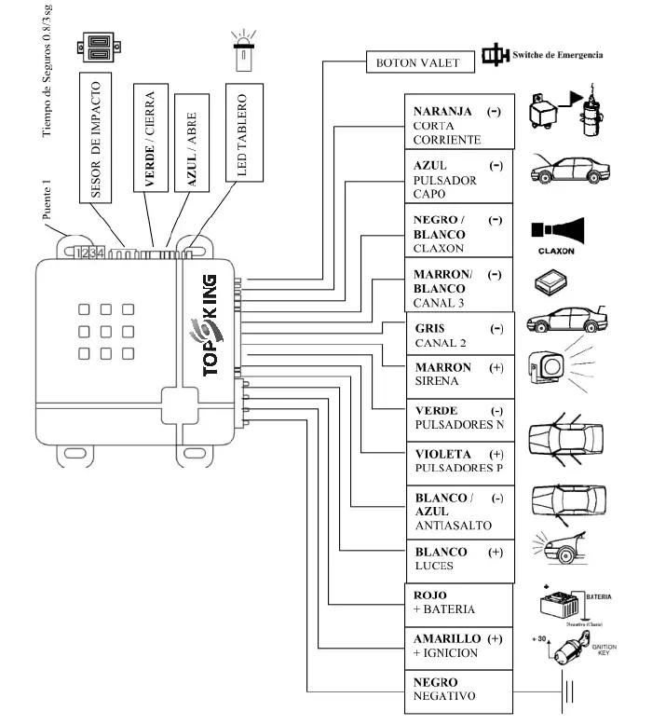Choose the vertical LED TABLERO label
click(x=239, y=136)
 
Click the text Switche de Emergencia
click(x=557, y=55)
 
